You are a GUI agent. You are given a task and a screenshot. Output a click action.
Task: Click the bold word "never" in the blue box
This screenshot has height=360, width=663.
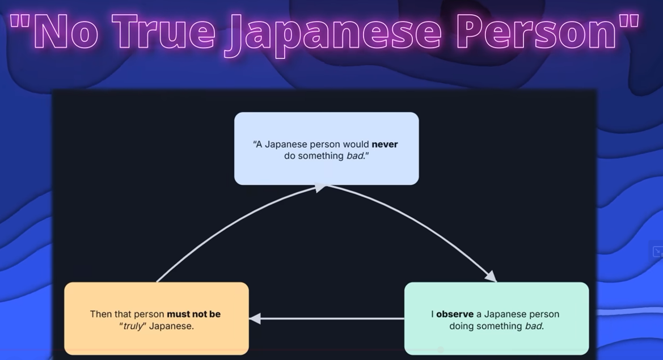(x=385, y=145)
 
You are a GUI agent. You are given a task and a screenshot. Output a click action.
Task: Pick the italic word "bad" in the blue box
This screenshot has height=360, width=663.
(x=354, y=156)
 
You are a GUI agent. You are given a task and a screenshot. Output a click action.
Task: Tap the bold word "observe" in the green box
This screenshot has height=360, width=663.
(x=455, y=314)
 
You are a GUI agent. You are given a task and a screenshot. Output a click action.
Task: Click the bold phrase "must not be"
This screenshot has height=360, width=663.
(x=193, y=314)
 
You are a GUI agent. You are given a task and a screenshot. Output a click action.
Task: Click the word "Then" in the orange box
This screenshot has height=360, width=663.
(x=100, y=314)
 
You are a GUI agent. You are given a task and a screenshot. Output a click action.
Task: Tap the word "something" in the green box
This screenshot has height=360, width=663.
(x=499, y=326)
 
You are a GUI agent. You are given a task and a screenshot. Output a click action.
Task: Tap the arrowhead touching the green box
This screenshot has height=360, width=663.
(x=490, y=276)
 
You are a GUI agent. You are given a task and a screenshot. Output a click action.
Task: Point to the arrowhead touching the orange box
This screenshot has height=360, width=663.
(x=255, y=319)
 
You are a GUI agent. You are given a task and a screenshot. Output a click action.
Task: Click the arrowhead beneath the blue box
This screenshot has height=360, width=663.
(x=321, y=187)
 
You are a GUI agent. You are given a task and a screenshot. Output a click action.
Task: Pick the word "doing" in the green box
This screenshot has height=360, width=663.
(x=462, y=326)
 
